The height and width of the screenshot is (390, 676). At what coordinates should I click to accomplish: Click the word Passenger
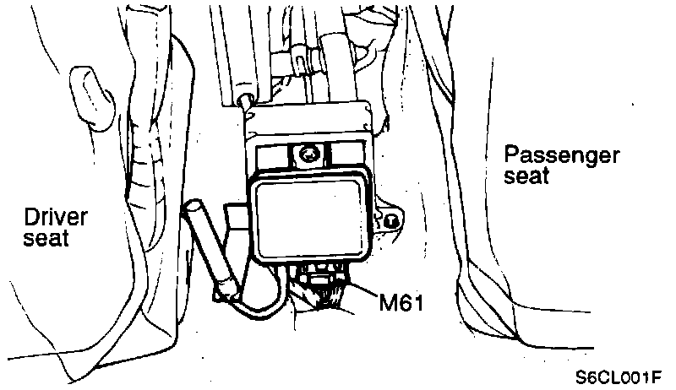[562, 156]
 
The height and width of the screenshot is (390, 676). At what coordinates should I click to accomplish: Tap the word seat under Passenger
[527, 176]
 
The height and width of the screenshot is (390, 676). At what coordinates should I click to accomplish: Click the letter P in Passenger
[510, 156]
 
